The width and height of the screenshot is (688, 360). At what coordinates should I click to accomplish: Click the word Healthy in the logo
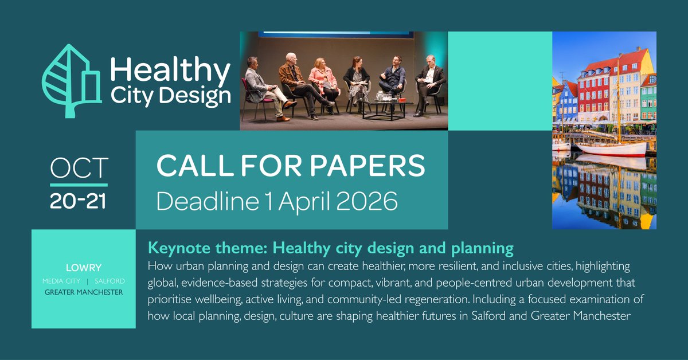pyautogui.click(x=170, y=72)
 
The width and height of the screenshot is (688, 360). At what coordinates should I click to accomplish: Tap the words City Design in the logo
pyautogui.click(x=170, y=96)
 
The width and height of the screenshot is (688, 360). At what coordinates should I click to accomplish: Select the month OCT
pyautogui.click(x=79, y=168)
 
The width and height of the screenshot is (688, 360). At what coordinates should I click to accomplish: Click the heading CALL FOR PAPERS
pyautogui.click(x=291, y=166)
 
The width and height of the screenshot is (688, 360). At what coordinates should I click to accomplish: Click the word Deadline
pyautogui.click(x=194, y=200)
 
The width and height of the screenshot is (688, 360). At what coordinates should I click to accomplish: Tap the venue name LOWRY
pyautogui.click(x=83, y=268)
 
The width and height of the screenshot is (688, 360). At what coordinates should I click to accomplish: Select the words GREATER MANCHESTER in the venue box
pyautogui.click(x=83, y=292)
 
